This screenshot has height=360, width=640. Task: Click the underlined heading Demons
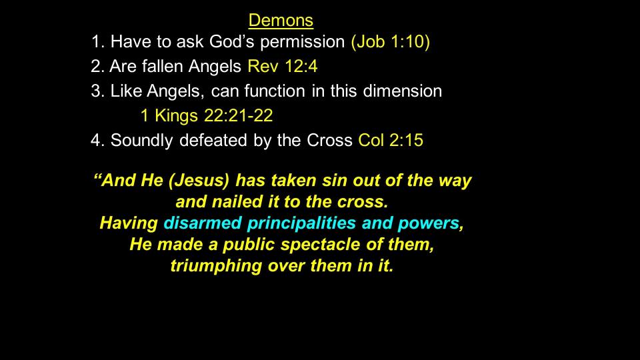[281, 21]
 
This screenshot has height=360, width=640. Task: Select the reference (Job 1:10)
[391, 41]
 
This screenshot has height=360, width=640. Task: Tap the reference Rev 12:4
[283, 66]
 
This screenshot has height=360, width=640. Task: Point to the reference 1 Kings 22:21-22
[207, 115]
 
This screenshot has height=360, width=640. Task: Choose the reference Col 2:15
[391, 140]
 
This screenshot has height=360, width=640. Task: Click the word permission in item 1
[303, 42]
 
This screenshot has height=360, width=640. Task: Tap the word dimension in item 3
[403, 91]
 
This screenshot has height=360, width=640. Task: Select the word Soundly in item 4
[141, 141]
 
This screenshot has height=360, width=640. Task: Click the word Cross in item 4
[329, 140]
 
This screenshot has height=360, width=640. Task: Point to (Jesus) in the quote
[199, 181]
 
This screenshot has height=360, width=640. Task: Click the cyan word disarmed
[203, 223]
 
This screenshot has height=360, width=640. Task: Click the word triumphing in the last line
[216, 266]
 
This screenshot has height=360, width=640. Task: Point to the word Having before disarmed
[129, 223]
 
